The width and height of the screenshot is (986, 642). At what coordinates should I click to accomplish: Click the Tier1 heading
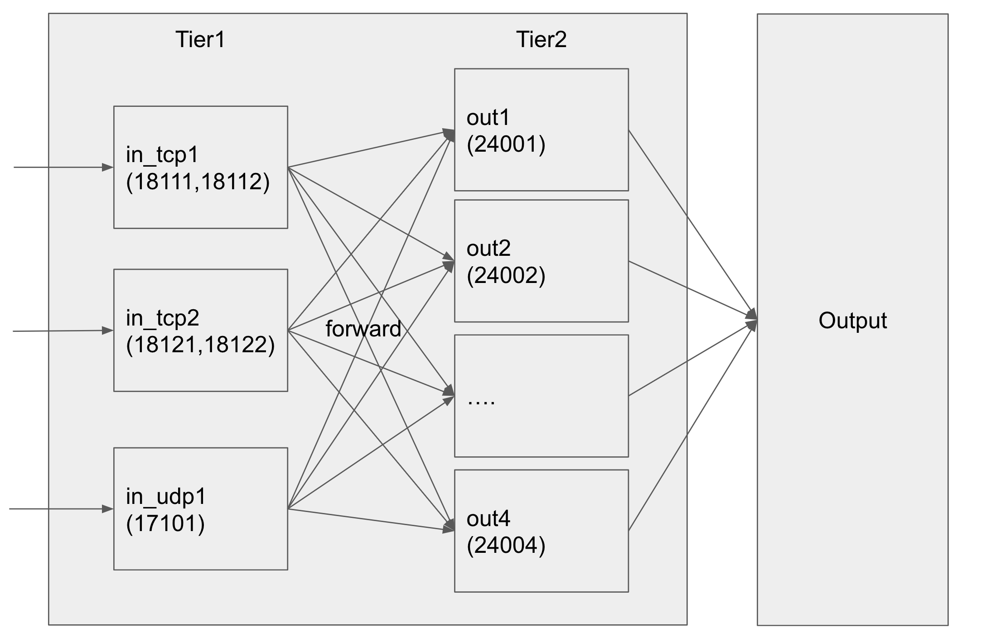(x=200, y=39)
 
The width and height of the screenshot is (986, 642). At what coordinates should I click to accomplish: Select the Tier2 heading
(x=541, y=39)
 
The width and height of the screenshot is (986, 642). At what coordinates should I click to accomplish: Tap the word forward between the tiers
(x=363, y=329)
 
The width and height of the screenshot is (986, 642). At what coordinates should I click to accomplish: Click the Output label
(x=852, y=321)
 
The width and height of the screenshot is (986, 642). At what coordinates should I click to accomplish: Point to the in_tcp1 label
(x=162, y=156)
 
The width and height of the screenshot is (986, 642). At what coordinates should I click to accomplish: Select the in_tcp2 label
(x=163, y=318)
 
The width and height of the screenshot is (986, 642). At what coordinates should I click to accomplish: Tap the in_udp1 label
(x=166, y=497)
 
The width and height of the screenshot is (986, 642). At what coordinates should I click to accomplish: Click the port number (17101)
(x=165, y=524)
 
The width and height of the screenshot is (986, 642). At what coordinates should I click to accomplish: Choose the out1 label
(x=488, y=118)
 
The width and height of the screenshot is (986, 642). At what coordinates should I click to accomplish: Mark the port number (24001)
(x=506, y=144)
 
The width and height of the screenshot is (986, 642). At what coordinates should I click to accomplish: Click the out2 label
(x=488, y=249)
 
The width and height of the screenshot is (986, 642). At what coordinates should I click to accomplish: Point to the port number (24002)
(x=506, y=275)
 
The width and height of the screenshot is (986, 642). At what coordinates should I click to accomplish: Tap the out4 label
(x=488, y=518)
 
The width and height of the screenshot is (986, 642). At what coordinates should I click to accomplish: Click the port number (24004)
(x=506, y=545)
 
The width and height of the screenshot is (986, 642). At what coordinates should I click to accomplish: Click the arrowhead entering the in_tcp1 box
(x=108, y=168)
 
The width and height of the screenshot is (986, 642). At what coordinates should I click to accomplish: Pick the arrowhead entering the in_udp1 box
(x=108, y=509)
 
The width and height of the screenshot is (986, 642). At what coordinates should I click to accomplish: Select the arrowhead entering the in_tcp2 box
(x=108, y=331)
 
